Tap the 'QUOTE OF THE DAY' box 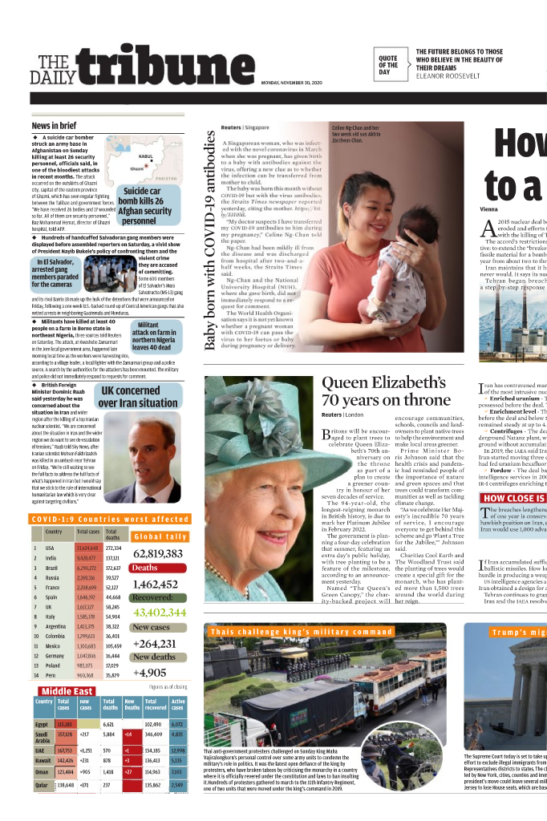tap(388, 65)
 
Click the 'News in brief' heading tap(55, 126)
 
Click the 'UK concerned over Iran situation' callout tap(138, 398)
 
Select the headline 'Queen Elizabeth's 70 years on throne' tap(383, 390)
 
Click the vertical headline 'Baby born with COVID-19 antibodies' tap(211, 239)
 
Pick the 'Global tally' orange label tap(160, 536)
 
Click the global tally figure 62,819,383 tap(159, 553)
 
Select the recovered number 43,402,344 tap(159, 613)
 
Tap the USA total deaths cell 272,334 tap(114, 548)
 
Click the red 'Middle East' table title tap(67, 691)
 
